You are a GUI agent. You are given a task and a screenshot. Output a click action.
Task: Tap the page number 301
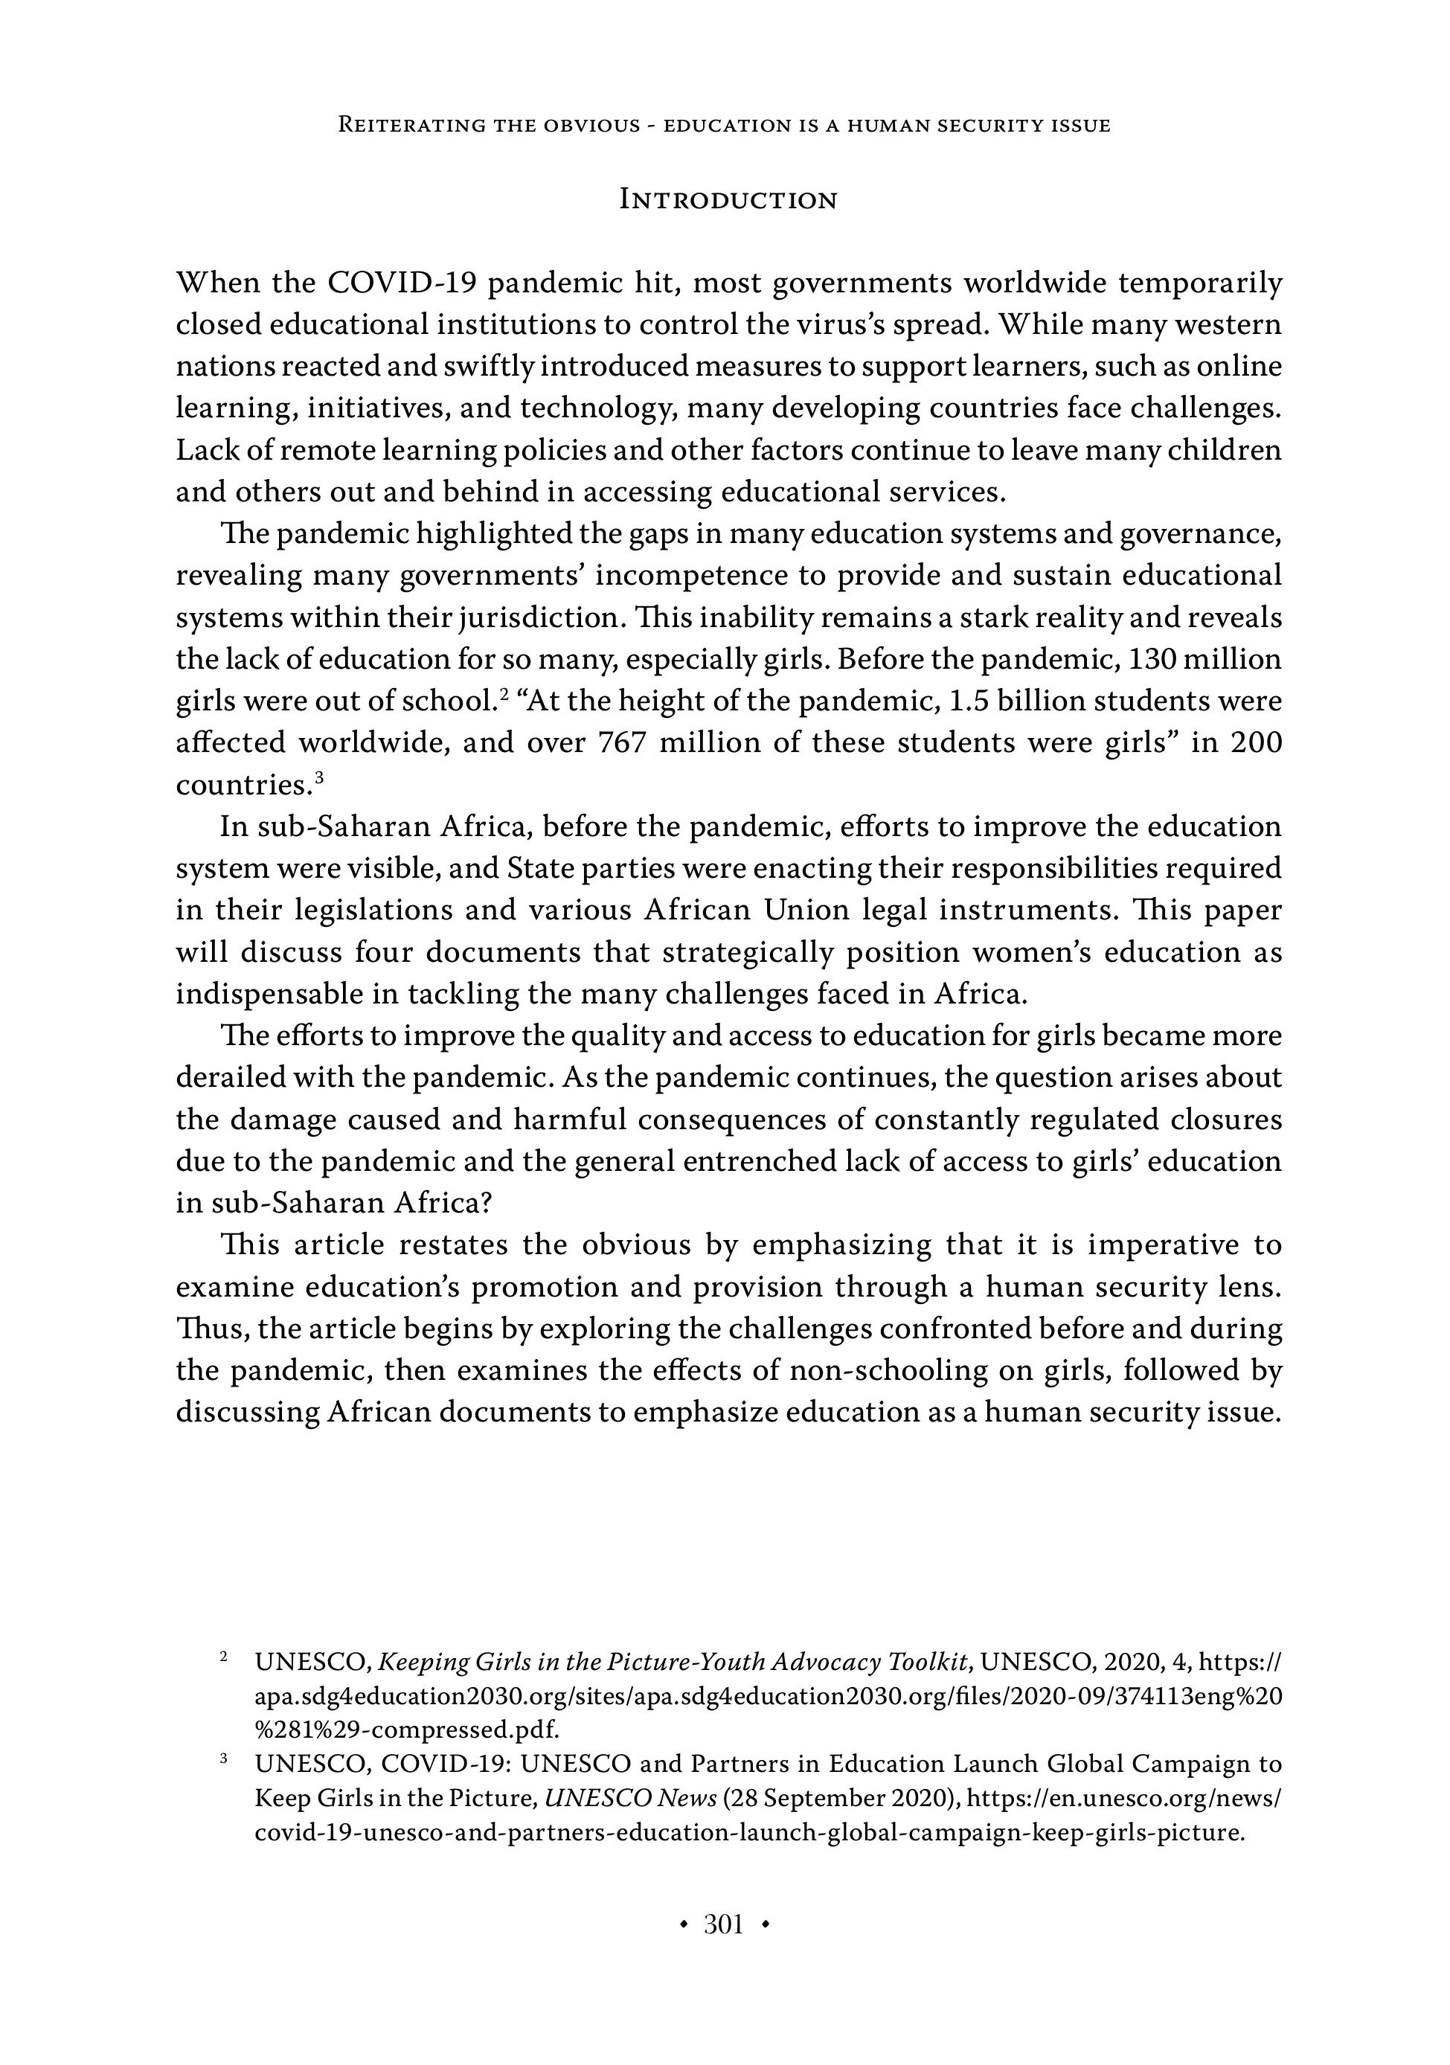[723, 1924]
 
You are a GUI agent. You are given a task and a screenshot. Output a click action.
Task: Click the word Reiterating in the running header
[408, 126]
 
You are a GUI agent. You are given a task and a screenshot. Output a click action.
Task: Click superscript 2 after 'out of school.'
[505, 694]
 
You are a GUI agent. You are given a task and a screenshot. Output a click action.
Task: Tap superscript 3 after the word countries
[318, 777]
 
